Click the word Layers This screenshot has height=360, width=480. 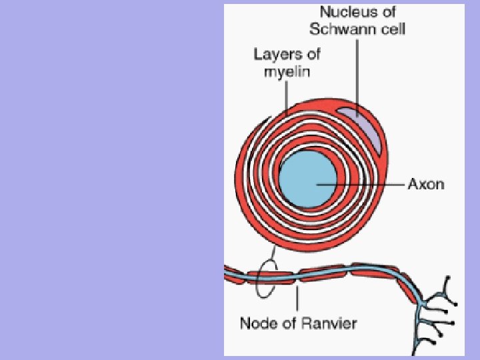click(x=273, y=54)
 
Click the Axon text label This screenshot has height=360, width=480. click(x=426, y=184)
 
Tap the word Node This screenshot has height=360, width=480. click(x=257, y=324)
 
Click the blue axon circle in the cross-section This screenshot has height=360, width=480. click(x=306, y=181)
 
